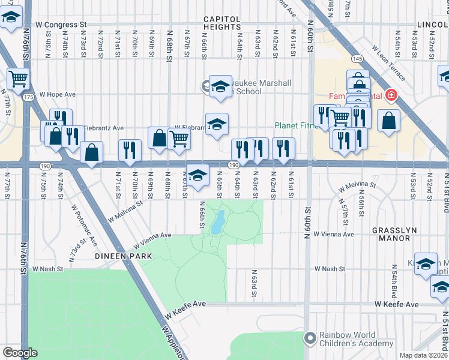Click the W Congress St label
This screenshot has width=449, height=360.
61,25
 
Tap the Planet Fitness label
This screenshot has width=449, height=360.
298,125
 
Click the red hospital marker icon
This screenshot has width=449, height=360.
391,95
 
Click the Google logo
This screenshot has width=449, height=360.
20,353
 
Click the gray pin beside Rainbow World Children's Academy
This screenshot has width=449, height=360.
310,339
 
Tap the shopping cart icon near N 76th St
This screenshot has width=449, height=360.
19,78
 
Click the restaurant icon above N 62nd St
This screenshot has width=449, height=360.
283,148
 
